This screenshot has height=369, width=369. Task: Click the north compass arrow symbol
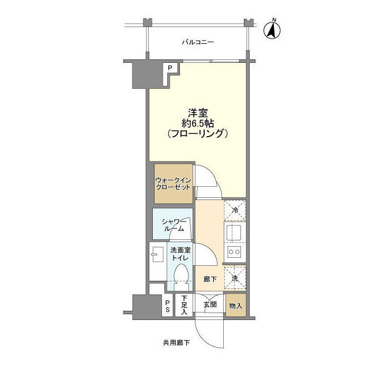tap(272, 31)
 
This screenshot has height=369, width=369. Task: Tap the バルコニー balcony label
tap(198, 43)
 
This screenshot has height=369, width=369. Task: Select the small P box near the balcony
tap(170, 68)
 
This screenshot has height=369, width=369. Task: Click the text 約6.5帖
tap(198, 123)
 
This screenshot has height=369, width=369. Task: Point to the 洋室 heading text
tap(198, 113)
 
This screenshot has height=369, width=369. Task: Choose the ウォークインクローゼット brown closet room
tap(174, 183)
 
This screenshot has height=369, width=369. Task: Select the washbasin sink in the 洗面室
tap(157, 254)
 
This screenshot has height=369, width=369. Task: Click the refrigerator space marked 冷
tap(235, 210)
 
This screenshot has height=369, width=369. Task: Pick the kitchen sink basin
tap(234, 234)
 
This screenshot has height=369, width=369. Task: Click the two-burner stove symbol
tap(234, 252)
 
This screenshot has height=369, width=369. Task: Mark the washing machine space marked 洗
tap(235, 278)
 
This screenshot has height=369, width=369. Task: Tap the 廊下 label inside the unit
tap(210, 279)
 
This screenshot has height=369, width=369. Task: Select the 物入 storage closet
tap(236, 305)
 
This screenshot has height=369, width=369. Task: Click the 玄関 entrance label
tap(210, 305)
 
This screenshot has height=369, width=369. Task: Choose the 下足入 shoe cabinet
tap(184, 305)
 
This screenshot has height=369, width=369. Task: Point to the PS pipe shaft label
tap(167, 306)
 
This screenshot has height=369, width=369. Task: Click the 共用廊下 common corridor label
tap(176, 343)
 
